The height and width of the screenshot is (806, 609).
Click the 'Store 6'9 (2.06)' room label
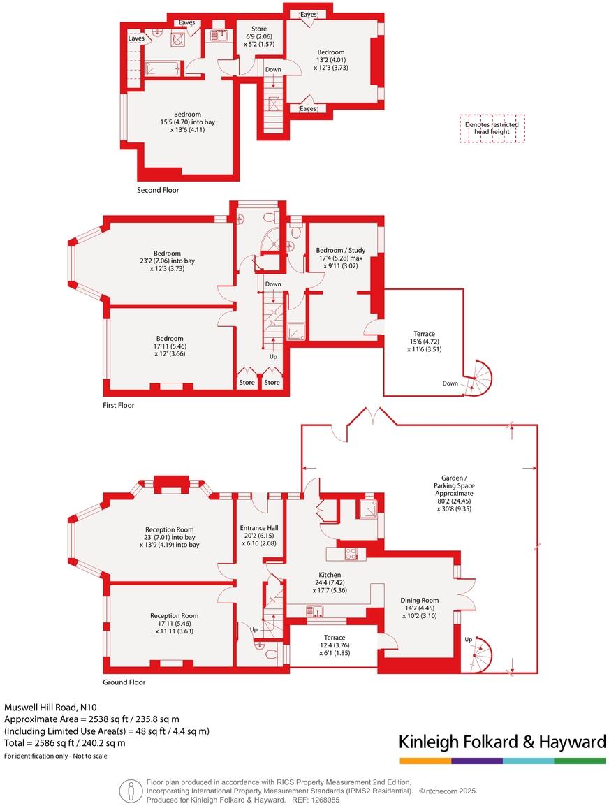point(259,36)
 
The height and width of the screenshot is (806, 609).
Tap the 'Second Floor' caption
point(158,190)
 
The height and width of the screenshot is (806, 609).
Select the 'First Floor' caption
point(118,405)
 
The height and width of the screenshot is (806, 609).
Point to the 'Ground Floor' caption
point(124,682)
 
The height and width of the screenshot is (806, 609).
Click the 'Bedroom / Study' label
point(340,250)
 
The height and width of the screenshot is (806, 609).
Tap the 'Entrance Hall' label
point(259,528)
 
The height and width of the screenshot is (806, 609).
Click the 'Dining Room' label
point(420,600)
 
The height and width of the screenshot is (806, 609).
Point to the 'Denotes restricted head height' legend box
point(492,129)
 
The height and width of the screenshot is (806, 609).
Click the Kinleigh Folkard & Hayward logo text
point(502,742)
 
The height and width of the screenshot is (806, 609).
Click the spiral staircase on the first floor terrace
point(479,379)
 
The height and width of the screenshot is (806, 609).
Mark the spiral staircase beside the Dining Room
point(480,656)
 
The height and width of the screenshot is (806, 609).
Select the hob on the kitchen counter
point(351,555)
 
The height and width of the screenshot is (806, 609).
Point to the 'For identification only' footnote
point(56,756)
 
